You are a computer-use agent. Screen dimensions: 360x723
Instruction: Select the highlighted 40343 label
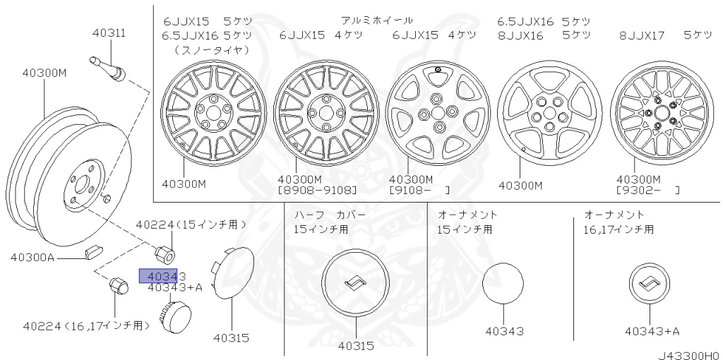click(x=162, y=276)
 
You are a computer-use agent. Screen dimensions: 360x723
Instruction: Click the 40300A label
click(x=32, y=257)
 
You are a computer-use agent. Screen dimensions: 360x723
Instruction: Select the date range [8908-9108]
click(x=318, y=191)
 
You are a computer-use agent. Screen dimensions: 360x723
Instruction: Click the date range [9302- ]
click(x=648, y=191)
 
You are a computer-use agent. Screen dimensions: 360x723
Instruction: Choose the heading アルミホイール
click(x=377, y=20)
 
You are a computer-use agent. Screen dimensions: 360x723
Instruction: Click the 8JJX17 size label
click(x=643, y=35)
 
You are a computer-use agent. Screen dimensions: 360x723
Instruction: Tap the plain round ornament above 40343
click(x=503, y=283)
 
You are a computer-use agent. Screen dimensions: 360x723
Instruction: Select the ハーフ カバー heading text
click(x=330, y=214)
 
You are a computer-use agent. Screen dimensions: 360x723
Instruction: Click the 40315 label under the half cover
click(x=356, y=346)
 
